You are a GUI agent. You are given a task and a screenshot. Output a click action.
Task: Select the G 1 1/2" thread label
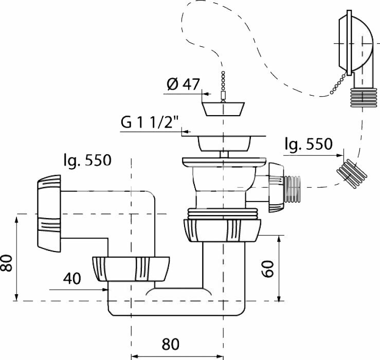point(149,123)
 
